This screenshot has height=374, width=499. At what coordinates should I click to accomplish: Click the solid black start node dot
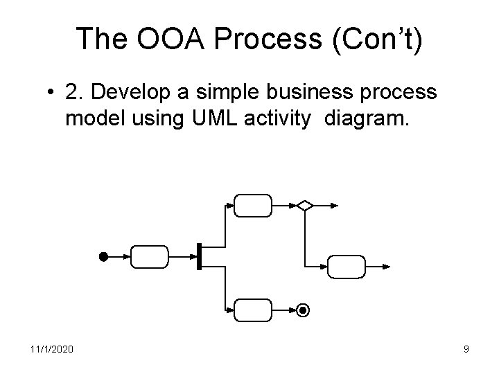pos(102,256)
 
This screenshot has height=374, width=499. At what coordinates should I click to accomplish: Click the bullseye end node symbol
pos(302,311)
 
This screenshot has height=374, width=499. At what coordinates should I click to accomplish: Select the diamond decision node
pos(304,205)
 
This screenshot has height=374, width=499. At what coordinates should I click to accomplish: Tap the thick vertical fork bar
pos(199,256)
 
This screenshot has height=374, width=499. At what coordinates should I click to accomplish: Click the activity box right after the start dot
pos(149,256)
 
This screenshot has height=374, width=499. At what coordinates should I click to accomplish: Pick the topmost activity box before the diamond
pos(253,205)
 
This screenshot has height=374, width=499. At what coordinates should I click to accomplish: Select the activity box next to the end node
pos(253,311)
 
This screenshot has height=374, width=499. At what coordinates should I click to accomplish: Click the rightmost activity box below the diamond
pos(345,266)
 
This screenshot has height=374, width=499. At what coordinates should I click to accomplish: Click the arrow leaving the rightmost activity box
pos(381,266)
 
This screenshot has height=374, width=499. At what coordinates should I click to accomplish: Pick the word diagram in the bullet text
pos(374,118)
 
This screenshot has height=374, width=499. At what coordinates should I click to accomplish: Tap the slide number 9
pos(466,349)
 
